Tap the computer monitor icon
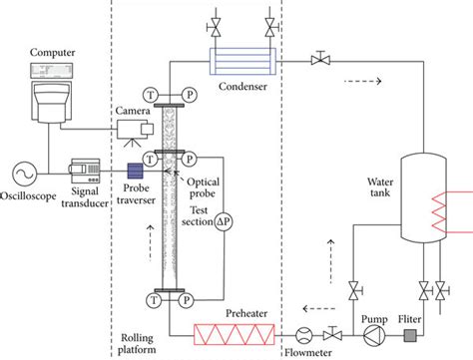[51, 96]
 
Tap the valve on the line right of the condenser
[318, 61]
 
